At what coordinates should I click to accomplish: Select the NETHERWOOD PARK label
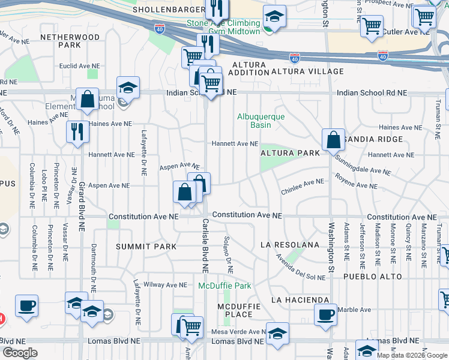[69, 41]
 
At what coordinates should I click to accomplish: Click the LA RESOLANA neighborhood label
[290, 245]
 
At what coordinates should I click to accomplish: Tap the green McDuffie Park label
[224, 286]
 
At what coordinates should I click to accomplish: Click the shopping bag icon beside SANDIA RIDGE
[333, 140]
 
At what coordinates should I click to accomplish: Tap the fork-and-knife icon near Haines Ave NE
[77, 131]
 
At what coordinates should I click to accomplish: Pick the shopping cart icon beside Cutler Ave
[372, 25]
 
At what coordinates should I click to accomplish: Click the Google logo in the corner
[19, 353]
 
